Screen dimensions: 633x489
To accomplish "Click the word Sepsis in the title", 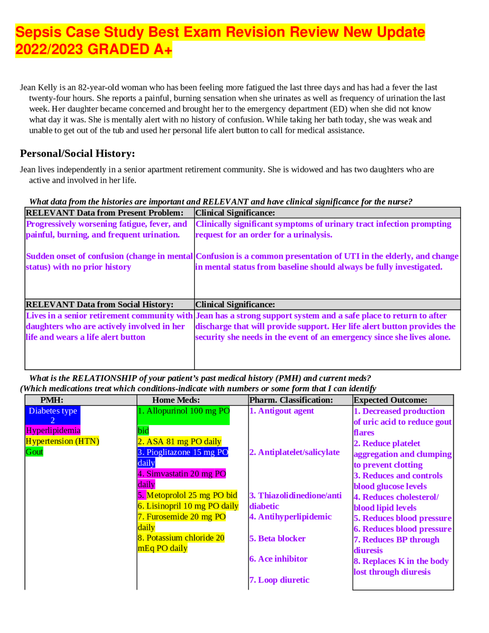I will coord(38,32).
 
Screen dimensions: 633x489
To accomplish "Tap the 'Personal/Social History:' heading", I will coord(77,153).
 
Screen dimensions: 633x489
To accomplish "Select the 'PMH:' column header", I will coord(52,400).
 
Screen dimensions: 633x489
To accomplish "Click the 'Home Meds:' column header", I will coord(176,400).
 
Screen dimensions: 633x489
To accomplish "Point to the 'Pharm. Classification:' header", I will coord(291,400).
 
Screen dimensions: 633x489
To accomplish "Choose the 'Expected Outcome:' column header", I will coord(390,400).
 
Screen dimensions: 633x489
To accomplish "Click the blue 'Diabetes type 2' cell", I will coord(53,415).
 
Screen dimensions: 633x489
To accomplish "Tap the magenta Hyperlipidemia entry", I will coord(53,430).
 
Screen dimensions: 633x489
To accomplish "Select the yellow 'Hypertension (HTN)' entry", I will coord(62,441).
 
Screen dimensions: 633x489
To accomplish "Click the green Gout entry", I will coord(34,452).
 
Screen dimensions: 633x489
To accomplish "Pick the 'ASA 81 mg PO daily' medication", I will coord(180,441).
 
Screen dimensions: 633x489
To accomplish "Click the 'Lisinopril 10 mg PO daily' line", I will coord(188,506).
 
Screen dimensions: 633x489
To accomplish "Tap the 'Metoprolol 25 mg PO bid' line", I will coord(188,495).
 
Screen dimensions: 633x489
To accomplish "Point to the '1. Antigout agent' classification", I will coord(282,411).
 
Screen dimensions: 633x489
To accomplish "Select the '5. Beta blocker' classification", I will coord(277,539).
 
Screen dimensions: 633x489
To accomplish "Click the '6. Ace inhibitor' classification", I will coord(279,559).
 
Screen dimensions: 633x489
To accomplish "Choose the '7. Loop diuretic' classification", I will coord(279,580).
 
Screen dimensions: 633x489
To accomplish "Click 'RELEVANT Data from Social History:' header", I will coord(99,304).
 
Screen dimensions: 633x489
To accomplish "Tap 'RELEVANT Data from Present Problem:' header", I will coord(104,213).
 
